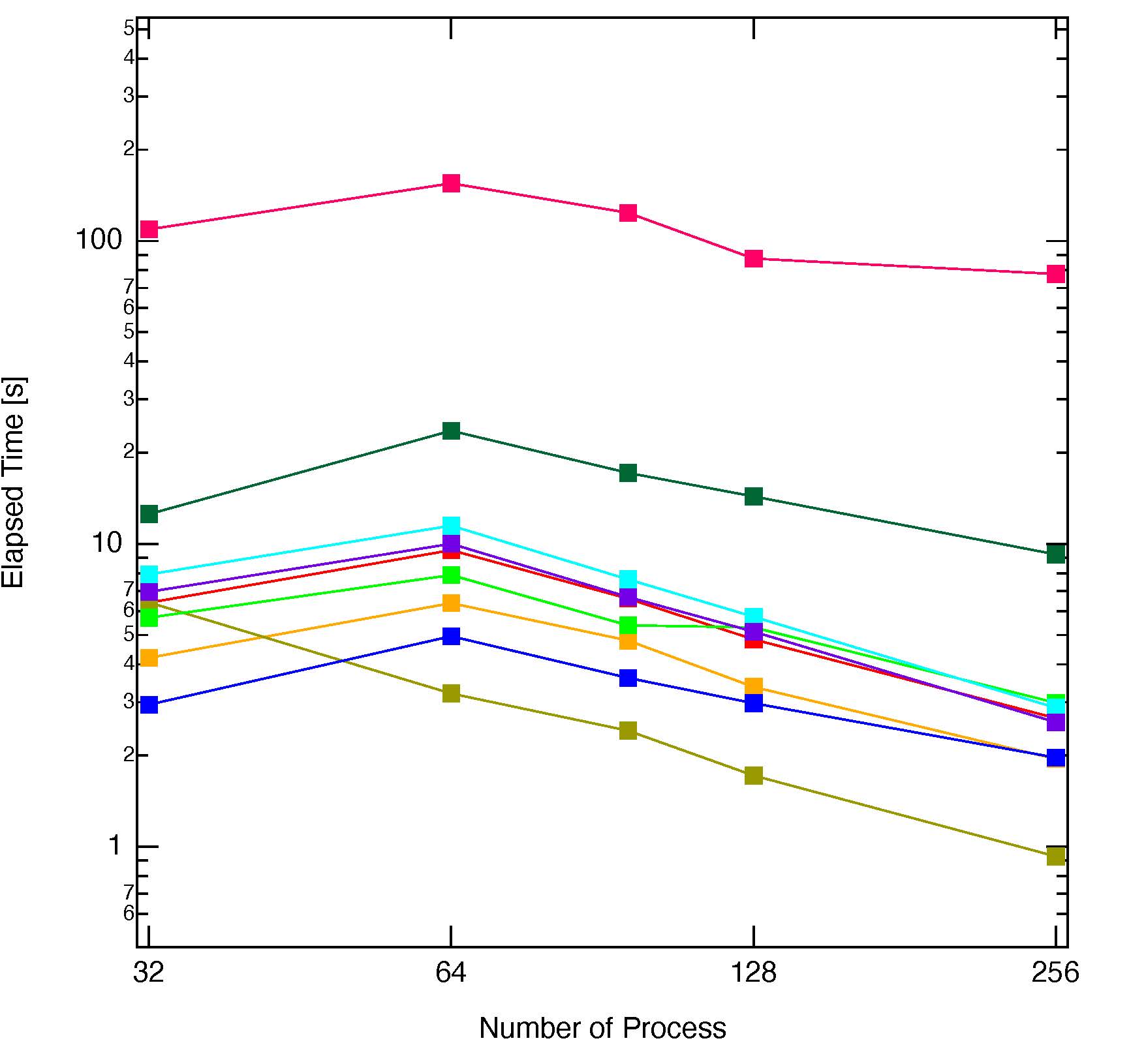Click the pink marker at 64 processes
click(x=451, y=183)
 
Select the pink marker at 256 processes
click(x=1056, y=273)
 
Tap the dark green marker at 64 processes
click(x=451, y=431)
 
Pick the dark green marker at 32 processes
click(x=149, y=514)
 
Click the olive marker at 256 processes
click(x=1056, y=856)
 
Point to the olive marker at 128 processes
click(x=754, y=776)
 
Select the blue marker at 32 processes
click(x=149, y=704)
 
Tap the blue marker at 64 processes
click(x=451, y=636)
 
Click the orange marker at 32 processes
click(x=149, y=658)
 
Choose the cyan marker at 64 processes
click(x=451, y=525)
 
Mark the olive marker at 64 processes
click(x=451, y=693)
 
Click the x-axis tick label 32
click(x=148, y=973)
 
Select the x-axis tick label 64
click(x=451, y=973)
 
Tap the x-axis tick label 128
click(x=754, y=973)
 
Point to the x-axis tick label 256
click(x=1055, y=973)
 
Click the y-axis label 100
click(x=99, y=240)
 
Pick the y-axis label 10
click(x=106, y=543)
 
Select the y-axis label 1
click(x=115, y=845)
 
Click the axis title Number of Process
click(x=602, y=1028)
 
